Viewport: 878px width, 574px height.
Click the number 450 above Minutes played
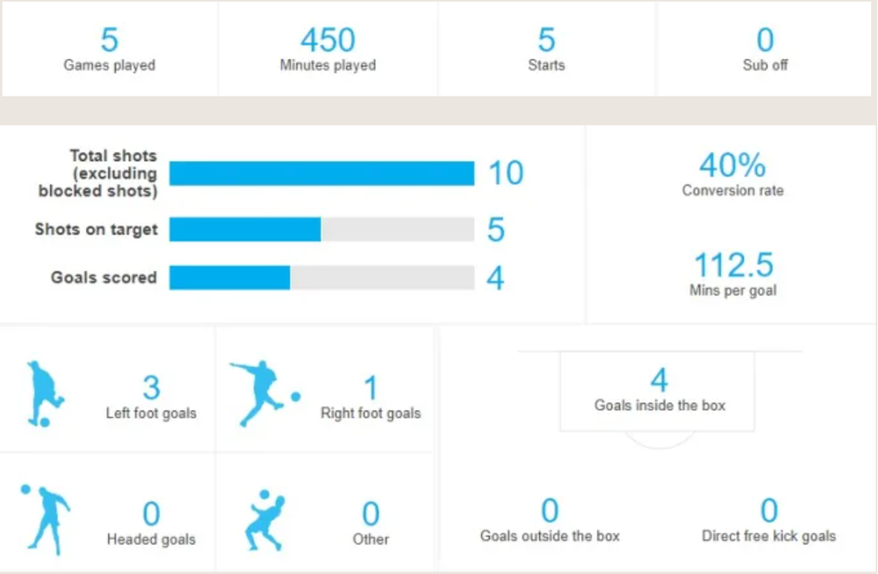[x=327, y=40]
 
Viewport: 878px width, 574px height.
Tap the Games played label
[x=109, y=65]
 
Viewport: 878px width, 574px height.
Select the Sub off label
[x=765, y=65]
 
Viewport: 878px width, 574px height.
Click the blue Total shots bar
[x=322, y=173]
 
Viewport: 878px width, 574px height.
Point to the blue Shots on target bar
[x=245, y=229]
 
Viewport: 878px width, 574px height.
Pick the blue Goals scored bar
[x=229, y=278]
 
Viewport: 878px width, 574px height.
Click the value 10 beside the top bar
[x=506, y=172]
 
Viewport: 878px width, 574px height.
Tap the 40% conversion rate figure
[x=732, y=164]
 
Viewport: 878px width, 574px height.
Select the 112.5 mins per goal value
[x=733, y=265]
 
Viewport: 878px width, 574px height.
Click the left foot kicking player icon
[x=45, y=394]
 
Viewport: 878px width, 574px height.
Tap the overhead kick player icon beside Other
[x=265, y=520]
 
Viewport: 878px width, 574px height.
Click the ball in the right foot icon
[x=296, y=396]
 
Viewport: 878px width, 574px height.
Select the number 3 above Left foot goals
[x=151, y=388]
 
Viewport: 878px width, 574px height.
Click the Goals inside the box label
[x=659, y=405]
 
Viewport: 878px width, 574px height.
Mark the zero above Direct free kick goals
[x=769, y=510]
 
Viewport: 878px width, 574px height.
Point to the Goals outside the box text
[x=550, y=536]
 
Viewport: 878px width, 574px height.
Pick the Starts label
[x=546, y=65]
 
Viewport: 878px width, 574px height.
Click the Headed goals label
[x=151, y=539]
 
